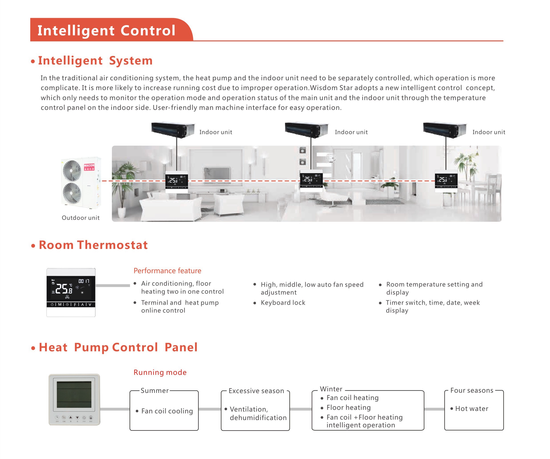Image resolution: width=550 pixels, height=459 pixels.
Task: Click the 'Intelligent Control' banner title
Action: point(106,31)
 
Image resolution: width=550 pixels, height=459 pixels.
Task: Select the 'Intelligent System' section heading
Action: point(95,61)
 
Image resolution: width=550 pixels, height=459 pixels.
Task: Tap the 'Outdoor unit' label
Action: point(81,218)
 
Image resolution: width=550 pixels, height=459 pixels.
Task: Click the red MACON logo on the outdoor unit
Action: point(89,167)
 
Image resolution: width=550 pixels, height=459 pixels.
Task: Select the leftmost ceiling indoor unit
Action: point(173,129)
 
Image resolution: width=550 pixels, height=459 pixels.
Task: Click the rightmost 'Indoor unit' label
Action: point(489,132)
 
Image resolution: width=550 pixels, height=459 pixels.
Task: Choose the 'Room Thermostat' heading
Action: point(93,245)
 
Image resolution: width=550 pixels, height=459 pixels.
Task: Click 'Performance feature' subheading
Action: point(167,271)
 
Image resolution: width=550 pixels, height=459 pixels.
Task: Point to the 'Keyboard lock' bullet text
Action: point(283,303)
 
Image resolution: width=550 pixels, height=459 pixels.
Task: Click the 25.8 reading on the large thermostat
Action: point(64,289)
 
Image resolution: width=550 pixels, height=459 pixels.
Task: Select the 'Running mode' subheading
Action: point(160,372)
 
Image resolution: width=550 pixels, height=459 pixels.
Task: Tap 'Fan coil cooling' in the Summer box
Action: point(167,411)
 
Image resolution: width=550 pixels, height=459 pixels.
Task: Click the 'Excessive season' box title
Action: point(256,391)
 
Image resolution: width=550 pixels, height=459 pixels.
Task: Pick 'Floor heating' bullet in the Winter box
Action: point(349,407)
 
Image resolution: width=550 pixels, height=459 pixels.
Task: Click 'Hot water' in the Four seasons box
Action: point(472,409)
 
